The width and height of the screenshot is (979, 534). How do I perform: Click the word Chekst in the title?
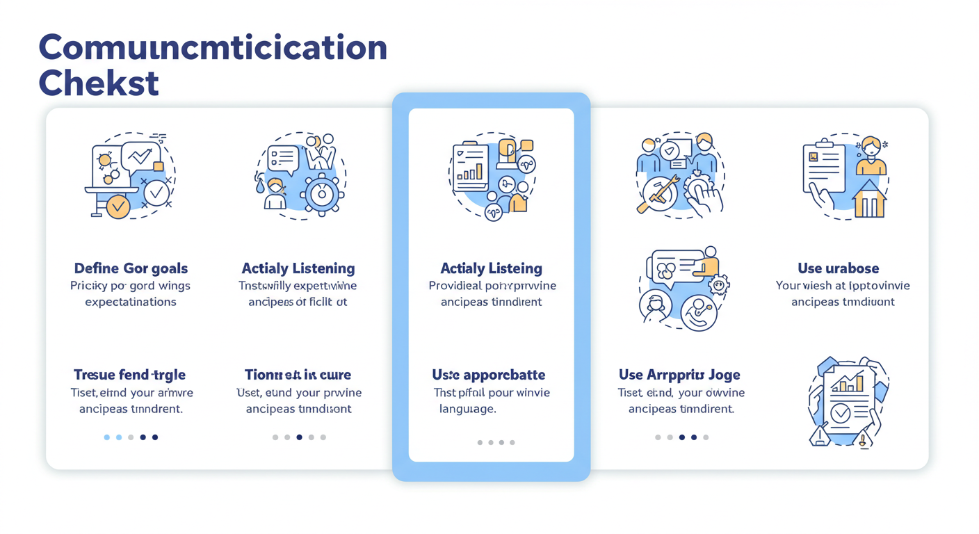[99, 83]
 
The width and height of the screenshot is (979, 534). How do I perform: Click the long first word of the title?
[213, 47]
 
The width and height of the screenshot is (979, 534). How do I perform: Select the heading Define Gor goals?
[131, 268]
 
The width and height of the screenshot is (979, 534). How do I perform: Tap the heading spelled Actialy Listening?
[298, 268]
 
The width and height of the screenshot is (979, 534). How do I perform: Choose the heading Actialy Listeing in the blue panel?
[492, 268]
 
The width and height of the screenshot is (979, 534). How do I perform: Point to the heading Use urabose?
[838, 268]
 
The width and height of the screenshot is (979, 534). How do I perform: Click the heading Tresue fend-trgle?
[129, 375]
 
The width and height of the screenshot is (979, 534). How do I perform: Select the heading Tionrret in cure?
[298, 375]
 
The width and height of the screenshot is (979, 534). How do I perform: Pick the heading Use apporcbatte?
[489, 375]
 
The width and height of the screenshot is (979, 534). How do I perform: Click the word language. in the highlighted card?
[467, 409]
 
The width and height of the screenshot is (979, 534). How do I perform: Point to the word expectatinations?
[131, 302]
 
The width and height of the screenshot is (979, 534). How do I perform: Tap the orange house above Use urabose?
[868, 200]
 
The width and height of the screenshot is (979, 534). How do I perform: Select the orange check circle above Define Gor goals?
[118, 206]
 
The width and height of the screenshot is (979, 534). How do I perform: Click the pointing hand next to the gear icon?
[705, 198]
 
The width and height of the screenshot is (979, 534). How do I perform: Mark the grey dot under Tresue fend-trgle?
[131, 437]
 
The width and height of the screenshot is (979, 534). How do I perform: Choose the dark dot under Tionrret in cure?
[299, 437]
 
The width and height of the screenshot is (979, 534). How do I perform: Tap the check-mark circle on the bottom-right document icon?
[841, 414]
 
